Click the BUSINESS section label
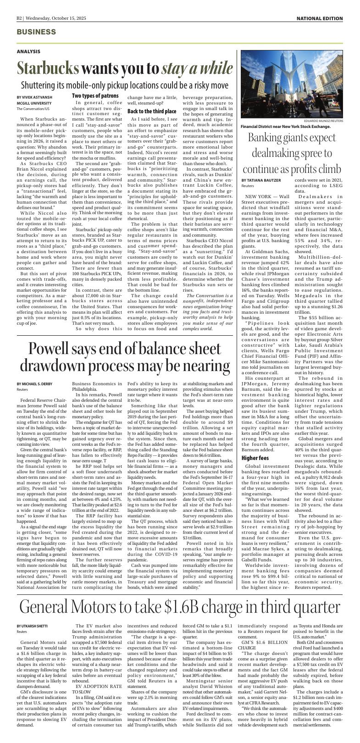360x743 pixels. click(36, 32)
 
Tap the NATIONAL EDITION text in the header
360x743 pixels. click(320, 18)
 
